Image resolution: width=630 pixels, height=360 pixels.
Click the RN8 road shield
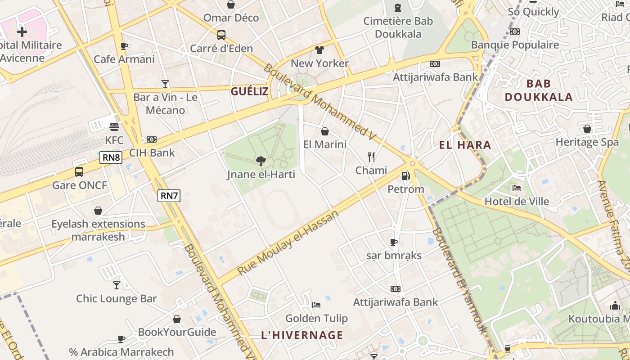[111, 157]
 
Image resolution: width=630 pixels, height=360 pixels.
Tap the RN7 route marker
[169, 195]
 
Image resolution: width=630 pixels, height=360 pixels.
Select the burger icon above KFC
[114, 127]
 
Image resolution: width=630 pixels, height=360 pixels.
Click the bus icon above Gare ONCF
[79, 171]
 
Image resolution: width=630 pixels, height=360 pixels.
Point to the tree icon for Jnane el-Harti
[261, 161]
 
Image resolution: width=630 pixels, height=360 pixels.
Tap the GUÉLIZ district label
[250, 92]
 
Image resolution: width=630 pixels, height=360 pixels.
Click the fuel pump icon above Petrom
[405, 176]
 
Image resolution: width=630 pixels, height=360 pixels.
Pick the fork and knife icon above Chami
[371, 157]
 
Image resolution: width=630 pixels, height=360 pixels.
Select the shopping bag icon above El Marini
[325, 131]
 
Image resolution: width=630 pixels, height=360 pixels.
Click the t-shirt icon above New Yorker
[319, 50]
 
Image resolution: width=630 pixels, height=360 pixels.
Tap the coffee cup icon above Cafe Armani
[124, 46]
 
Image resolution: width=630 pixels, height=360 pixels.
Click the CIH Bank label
[152, 153]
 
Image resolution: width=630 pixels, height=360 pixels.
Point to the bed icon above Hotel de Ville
[517, 188]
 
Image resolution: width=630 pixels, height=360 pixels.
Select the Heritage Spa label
[587, 142]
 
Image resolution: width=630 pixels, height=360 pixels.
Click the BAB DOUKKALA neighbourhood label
[539, 90]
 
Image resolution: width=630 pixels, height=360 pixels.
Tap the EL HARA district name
[465, 145]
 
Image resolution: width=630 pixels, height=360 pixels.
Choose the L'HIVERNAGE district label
[302, 335]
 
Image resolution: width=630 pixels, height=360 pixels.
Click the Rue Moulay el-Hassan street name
[288, 243]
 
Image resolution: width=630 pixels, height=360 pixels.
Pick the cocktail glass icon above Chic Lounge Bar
[117, 285]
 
